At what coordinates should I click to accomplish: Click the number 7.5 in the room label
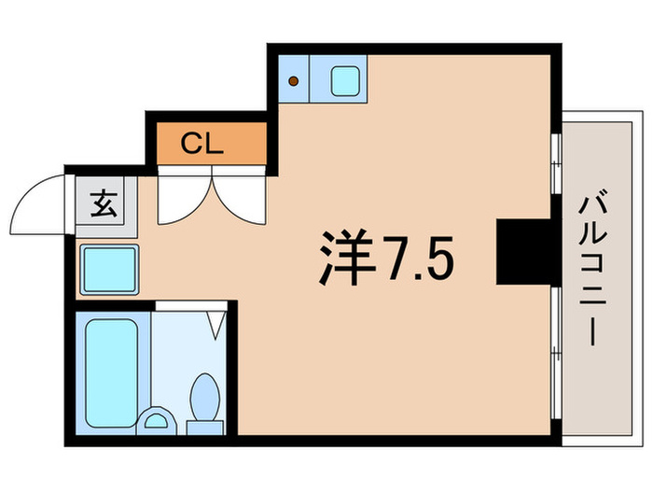416,257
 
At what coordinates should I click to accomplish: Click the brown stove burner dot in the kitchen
293,81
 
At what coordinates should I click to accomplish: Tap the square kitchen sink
346,81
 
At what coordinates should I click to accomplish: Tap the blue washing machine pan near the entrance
109,269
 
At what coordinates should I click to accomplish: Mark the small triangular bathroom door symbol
216,324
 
